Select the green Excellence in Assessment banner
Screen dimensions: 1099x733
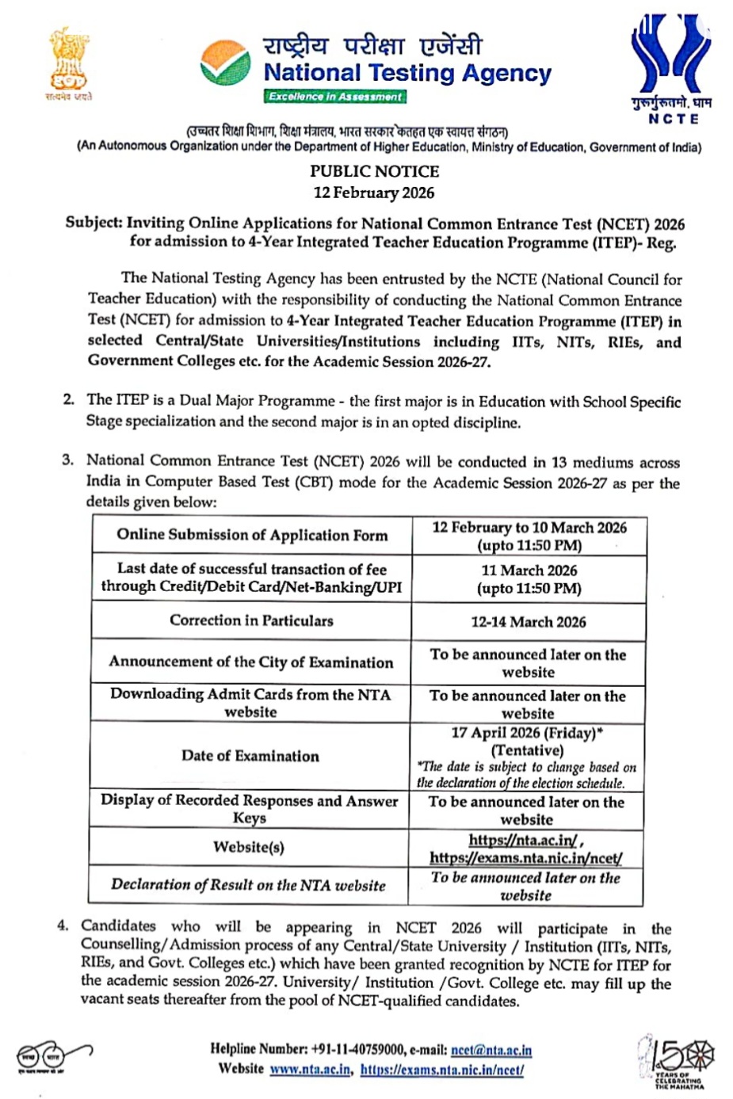[x=334, y=97]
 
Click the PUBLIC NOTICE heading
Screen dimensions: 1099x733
[x=374, y=171]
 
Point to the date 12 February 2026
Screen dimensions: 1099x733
[x=374, y=193]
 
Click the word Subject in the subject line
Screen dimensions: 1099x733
[x=94, y=223]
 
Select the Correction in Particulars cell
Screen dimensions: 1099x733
[x=251, y=620]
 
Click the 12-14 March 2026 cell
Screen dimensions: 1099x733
[x=529, y=622]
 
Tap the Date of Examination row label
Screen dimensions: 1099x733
[x=250, y=756]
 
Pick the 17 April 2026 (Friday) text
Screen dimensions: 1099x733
[x=526, y=733]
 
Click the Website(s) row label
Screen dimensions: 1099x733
[x=249, y=847]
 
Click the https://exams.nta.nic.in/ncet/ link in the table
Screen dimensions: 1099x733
[x=526, y=858]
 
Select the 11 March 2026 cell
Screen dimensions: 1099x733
[x=529, y=570]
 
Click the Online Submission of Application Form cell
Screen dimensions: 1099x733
[x=252, y=535]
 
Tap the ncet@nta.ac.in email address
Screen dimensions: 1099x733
[x=491, y=1050]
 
